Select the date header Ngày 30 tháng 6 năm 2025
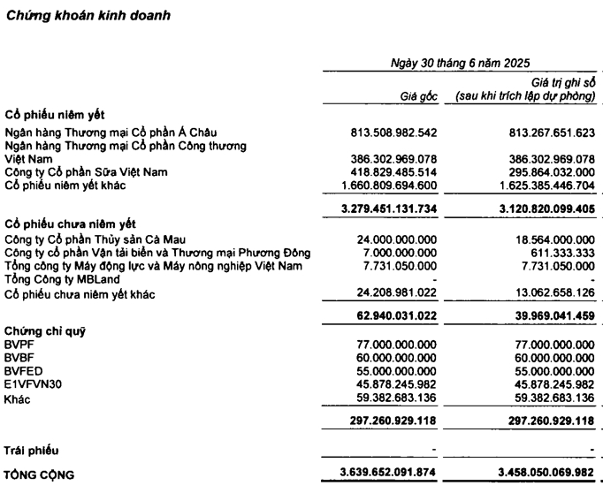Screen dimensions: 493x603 [x=460, y=63]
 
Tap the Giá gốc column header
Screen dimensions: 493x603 [x=417, y=95]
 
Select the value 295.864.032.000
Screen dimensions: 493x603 [x=542, y=171]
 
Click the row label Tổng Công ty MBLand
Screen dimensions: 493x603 [x=62, y=279]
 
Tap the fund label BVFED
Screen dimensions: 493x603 [x=24, y=371]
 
